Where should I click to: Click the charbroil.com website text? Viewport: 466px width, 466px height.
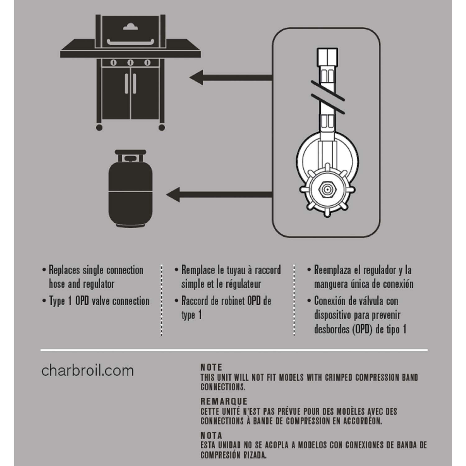(x=87, y=371)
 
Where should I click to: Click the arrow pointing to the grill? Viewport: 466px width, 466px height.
(x=231, y=77)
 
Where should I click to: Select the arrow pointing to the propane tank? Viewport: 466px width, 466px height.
(x=219, y=195)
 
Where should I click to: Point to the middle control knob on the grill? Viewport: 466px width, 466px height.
(x=130, y=63)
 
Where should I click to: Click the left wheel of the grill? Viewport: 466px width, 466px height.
(x=99, y=127)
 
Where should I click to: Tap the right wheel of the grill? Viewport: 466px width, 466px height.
(x=162, y=127)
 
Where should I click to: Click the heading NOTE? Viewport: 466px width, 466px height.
(x=211, y=368)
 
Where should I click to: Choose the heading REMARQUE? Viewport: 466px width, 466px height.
(x=224, y=401)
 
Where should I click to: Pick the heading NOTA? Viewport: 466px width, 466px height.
(x=211, y=435)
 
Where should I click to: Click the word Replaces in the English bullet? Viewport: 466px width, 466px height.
(x=64, y=270)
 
